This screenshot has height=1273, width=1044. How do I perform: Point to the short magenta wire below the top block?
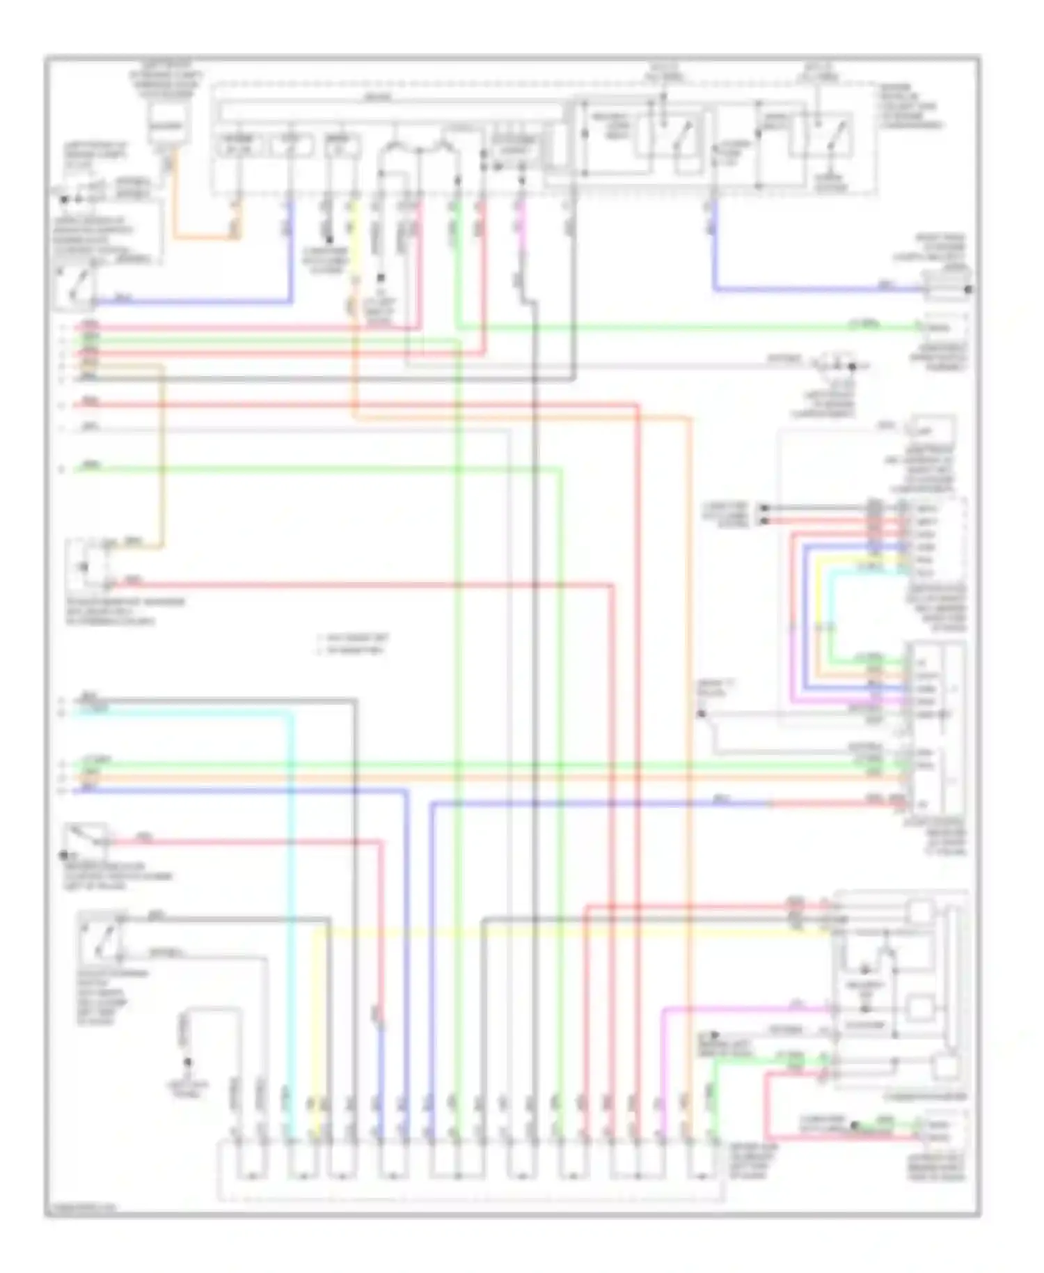[x=521, y=223]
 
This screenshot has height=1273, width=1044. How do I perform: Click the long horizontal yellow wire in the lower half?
[x=557, y=930]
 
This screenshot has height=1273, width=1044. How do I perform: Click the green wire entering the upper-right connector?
[x=696, y=326]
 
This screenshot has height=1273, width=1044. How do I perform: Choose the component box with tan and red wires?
[x=87, y=565]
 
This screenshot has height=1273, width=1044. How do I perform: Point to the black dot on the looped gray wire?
[x=187, y=1063]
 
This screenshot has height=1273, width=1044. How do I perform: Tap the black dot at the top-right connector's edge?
[x=969, y=289]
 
